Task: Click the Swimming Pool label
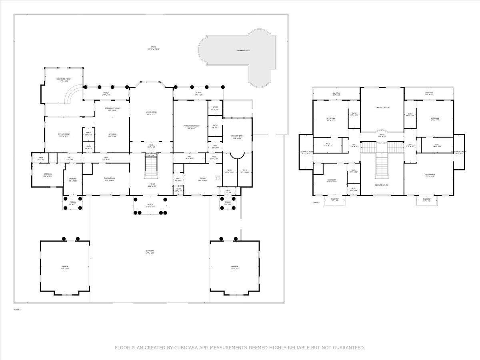click(x=243, y=50)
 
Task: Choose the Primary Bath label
click(x=237, y=137)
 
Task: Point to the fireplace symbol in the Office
click(x=217, y=178)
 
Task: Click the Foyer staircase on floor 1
click(x=151, y=168)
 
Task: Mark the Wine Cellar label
click(x=151, y=154)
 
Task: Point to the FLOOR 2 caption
click(x=316, y=203)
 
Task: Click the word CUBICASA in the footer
click(x=187, y=348)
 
